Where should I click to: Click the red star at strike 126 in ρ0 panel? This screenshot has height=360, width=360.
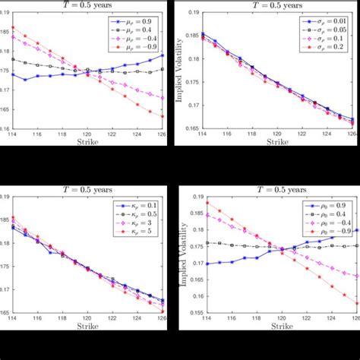click(x=357, y=304)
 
